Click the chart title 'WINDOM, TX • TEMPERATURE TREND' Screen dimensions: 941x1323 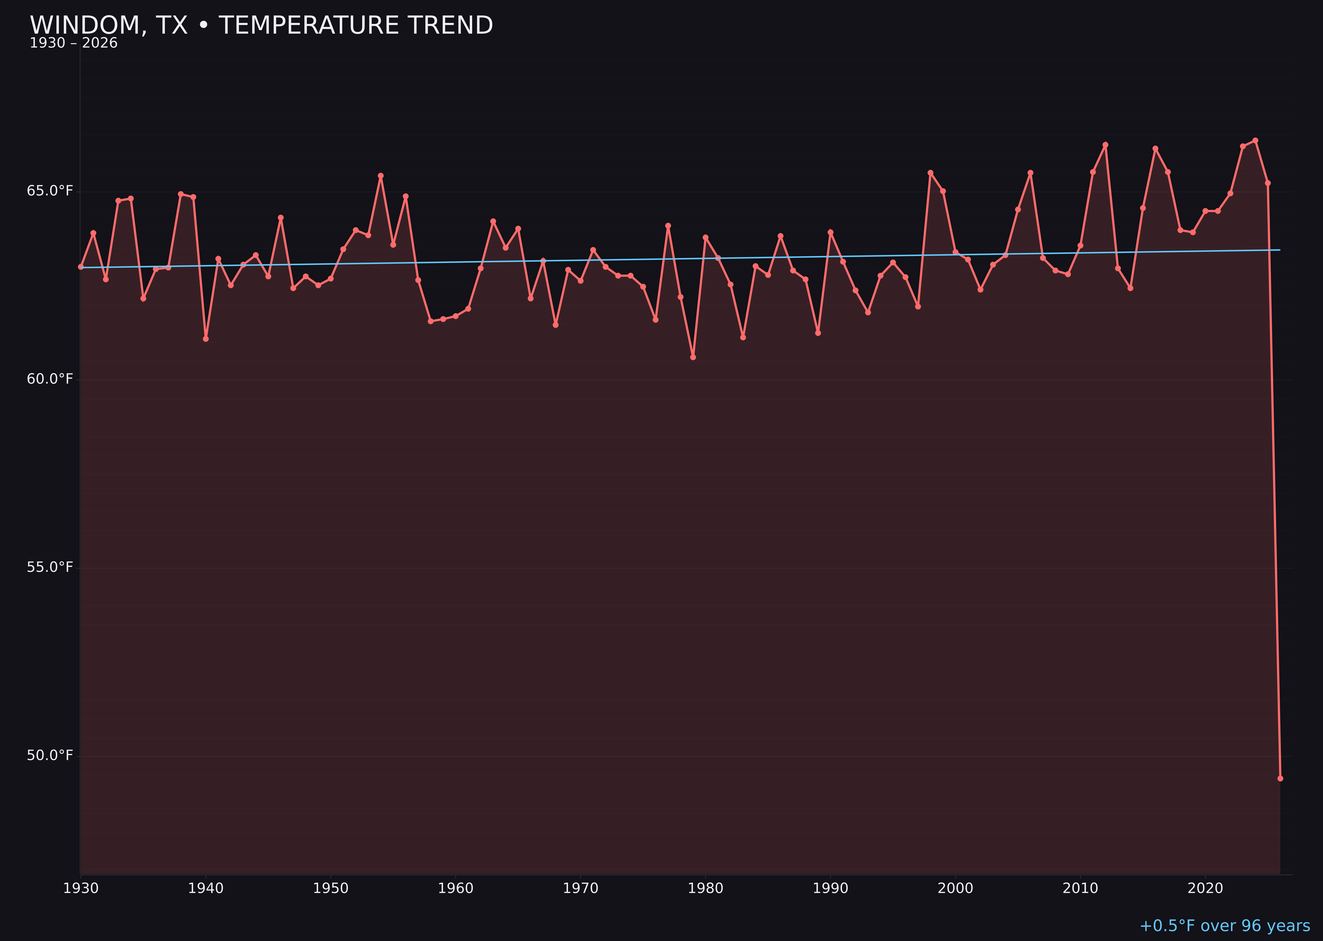(261, 25)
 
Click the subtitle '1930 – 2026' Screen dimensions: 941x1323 (73, 43)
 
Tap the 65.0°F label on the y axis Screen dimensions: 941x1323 (50, 191)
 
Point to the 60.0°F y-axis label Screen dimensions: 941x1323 (50, 379)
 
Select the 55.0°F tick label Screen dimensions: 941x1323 (50, 567)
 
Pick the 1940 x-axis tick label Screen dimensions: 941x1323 (206, 888)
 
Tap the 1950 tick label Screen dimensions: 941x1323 (331, 888)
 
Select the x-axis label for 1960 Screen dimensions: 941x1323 (456, 888)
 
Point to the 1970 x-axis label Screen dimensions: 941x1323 (580, 888)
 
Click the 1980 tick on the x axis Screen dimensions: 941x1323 (705, 888)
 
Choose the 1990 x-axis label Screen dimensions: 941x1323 (830, 888)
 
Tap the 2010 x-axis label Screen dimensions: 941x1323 (1080, 888)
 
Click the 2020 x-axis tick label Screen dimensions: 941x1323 (1205, 888)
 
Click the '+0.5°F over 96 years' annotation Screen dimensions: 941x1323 (1224, 926)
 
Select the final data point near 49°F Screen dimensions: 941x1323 (1280, 778)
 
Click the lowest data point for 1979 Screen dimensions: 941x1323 (693, 357)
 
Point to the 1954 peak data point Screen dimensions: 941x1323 (381, 176)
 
